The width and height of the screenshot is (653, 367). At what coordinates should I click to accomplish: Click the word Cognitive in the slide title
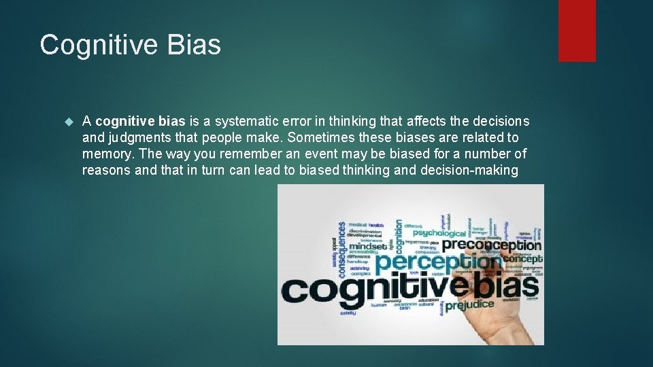click(x=99, y=46)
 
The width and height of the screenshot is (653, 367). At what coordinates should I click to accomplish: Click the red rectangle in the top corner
click(x=577, y=31)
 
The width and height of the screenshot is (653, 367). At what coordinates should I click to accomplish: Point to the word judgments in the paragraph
click(x=135, y=138)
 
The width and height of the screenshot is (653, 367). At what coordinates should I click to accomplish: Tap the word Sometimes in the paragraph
click(x=334, y=138)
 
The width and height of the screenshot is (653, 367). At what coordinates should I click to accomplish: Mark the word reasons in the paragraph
click(x=107, y=171)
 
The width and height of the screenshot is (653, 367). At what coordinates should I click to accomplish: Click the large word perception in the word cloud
click(x=435, y=262)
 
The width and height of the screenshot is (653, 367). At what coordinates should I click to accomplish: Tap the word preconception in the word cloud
click(x=492, y=245)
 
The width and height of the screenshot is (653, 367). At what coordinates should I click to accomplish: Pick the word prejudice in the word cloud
click(x=469, y=304)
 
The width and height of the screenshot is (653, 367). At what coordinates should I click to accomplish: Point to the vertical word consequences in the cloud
click(x=342, y=249)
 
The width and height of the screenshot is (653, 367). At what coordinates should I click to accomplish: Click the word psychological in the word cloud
click(x=439, y=232)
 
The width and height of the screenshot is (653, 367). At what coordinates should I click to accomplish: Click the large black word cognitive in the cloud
click(x=364, y=289)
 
